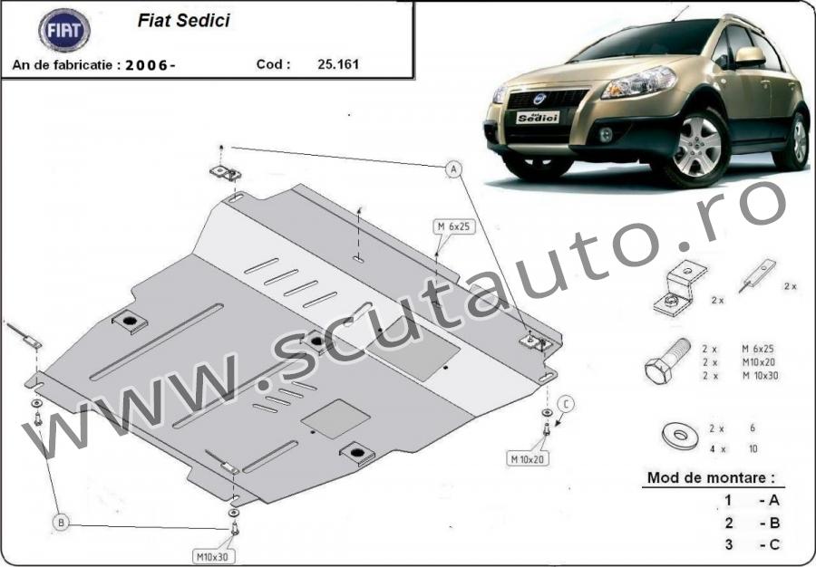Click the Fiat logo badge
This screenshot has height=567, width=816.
coord(64,30)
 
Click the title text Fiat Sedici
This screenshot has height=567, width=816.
coord(183,20)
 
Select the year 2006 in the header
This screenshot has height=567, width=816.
coord(147,65)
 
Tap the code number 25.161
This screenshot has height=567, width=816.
coord(338,64)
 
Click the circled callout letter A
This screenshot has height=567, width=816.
coord(454,168)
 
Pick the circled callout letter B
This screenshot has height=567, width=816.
coord(61,523)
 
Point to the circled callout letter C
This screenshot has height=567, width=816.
coord(566,404)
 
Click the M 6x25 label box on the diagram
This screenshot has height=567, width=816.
coord(454,226)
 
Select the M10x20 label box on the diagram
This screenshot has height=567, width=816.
coord(528,458)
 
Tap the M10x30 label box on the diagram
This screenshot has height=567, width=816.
coord(213,557)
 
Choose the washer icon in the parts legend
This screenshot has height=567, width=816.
coord(681,436)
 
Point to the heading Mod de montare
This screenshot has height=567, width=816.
coord(710,477)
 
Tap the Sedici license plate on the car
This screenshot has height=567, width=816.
coord(537,118)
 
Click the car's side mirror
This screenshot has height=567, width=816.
coord(750,56)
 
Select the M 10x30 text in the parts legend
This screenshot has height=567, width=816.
coord(760,375)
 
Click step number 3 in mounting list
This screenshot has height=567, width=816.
coord(729,544)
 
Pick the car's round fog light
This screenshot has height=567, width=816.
coord(606,135)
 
